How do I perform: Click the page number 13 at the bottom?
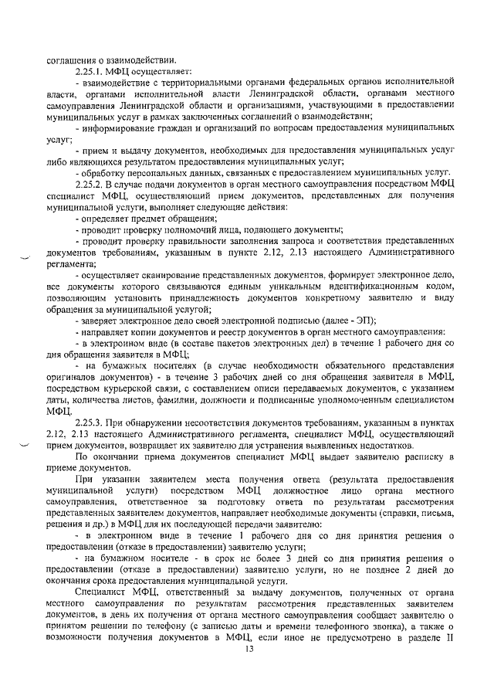(249, 650)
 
